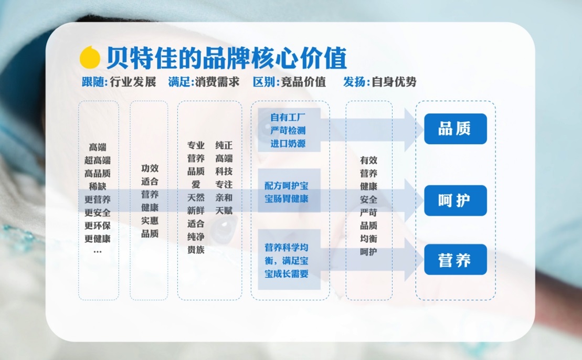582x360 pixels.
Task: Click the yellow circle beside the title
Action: pos(90,57)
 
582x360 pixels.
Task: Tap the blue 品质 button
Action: pos(455,129)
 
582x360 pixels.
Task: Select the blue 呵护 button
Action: pos(455,200)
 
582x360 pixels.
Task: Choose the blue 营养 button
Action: pos(455,259)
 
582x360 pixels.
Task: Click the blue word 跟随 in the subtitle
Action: pos(94,82)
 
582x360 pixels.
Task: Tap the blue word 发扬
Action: pos(355,82)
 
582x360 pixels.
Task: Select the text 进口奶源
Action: pos(288,143)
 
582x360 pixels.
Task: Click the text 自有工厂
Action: pos(288,117)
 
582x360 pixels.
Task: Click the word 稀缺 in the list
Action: pos(98,186)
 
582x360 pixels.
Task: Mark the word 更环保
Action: pos(98,226)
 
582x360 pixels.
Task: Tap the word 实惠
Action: pos(150,220)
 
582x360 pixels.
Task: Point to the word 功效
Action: pos(150,168)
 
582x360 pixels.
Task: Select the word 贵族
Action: pos(196,250)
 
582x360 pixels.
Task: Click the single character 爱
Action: pos(196,184)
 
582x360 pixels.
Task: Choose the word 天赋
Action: pos(224,210)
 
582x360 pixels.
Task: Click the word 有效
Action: pos(368,160)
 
